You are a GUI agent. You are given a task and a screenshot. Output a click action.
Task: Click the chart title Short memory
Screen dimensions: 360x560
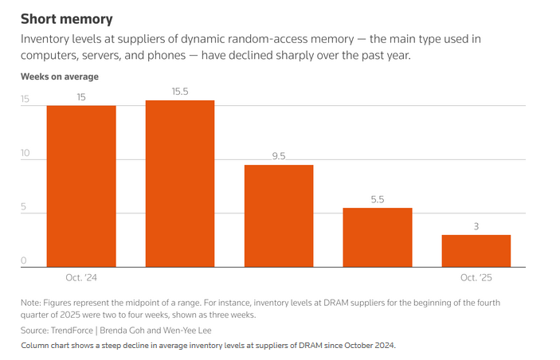tap(66, 18)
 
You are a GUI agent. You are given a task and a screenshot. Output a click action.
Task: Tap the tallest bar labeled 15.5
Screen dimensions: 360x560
tap(180, 183)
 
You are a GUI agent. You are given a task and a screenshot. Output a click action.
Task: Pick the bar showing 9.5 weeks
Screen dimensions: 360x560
tap(279, 215)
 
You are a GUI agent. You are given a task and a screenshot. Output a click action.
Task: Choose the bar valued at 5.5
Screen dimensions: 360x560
tap(378, 237)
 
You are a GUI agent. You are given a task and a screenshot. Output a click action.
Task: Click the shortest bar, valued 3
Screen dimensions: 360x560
tap(476, 251)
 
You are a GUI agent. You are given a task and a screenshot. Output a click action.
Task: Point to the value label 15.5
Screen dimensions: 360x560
tap(180, 92)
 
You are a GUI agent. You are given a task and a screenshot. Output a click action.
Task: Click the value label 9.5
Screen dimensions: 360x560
tap(279, 156)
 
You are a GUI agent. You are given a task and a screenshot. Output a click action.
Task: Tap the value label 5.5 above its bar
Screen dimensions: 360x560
tap(378, 200)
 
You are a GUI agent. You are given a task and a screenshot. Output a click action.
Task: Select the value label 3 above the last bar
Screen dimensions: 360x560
tap(476, 226)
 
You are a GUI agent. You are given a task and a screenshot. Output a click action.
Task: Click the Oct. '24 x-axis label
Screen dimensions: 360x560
tap(81, 278)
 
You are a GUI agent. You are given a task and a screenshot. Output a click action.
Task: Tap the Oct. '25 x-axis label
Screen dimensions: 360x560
tap(476, 278)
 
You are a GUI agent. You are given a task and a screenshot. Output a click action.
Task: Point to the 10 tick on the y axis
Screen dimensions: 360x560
tap(25, 155)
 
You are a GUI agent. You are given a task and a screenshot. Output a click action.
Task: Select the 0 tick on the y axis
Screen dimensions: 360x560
tap(25, 261)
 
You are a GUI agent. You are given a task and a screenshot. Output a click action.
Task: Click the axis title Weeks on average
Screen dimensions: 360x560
tap(59, 76)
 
